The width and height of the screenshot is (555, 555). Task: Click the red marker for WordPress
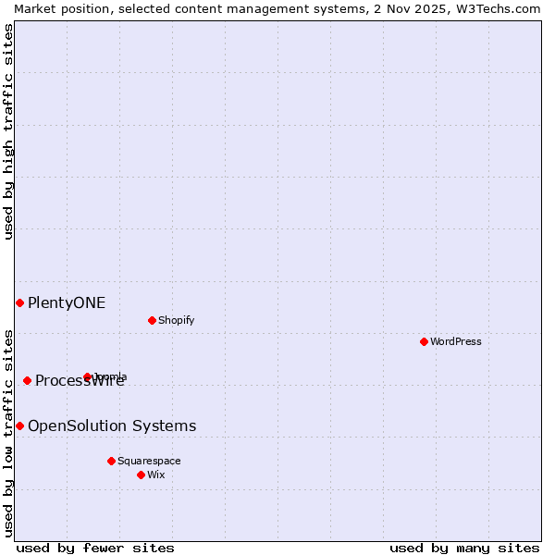click(424, 341)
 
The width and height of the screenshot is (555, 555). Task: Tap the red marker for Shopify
click(152, 320)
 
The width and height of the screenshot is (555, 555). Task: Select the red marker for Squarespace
click(111, 461)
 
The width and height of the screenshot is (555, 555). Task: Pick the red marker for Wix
click(141, 475)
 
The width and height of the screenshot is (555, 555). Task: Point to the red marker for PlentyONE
click(19, 302)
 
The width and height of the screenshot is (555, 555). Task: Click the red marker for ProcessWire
click(27, 380)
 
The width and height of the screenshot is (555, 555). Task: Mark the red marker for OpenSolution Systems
click(19, 425)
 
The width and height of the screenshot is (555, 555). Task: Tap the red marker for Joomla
click(87, 376)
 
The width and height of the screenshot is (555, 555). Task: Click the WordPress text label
click(456, 341)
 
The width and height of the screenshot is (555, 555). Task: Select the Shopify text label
click(176, 320)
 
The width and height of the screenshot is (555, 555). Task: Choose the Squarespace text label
click(149, 461)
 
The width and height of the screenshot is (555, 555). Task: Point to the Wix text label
click(155, 475)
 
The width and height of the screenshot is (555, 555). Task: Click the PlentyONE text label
click(67, 302)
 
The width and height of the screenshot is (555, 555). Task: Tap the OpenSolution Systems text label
click(112, 425)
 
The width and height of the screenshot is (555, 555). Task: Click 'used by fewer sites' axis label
click(95, 548)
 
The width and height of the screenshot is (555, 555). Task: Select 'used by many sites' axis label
click(464, 548)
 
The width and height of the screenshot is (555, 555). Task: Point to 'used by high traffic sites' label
click(8, 131)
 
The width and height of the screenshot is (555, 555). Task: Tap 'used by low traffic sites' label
click(8, 433)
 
